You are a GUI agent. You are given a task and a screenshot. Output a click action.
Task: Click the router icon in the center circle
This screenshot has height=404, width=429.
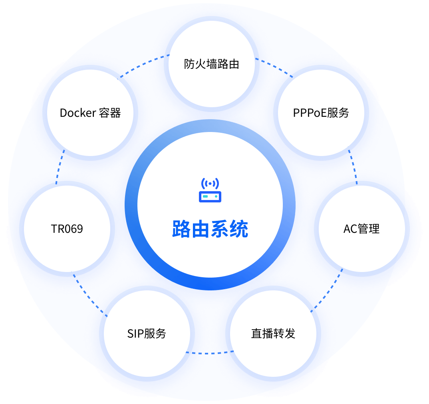click(x=210, y=191)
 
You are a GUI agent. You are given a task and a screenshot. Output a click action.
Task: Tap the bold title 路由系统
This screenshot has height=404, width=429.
click(x=210, y=229)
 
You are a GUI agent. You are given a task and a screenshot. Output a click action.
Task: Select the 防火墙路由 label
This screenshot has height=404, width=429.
click(x=212, y=64)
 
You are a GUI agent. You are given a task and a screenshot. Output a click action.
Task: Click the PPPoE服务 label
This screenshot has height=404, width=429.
click(x=321, y=113)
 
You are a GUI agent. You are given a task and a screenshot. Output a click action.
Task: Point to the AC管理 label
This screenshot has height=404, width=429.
click(x=361, y=229)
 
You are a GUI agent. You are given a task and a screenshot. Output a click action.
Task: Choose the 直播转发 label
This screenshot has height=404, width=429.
click(x=273, y=334)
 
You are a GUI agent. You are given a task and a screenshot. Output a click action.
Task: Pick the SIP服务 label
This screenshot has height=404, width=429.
click(x=147, y=334)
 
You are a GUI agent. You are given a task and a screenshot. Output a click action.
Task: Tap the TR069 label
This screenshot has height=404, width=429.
click(x=67, y=229)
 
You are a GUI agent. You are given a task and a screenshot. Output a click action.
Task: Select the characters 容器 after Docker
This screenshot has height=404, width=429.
click(x=110, y=113)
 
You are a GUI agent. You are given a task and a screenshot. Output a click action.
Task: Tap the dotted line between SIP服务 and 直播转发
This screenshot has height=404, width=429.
click(x=210, y=354)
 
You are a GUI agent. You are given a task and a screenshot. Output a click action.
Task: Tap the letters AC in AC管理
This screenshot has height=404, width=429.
click(x=350, y=229)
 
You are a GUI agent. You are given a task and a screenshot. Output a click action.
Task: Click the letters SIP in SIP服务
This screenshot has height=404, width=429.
click(x=135, y=334)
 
